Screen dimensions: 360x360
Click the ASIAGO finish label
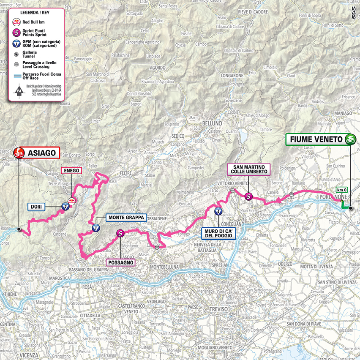[41, 153]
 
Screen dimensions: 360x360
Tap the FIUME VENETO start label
[316, 139]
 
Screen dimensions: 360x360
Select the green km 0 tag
[341, 190]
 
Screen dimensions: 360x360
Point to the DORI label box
[41, 207]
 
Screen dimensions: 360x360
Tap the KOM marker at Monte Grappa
[96, 229]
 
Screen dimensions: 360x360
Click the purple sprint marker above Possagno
[120, 233]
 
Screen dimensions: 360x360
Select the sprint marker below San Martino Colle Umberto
[249, 196]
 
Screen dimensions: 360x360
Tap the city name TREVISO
[218, 310]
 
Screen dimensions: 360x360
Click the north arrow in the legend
[18, 90]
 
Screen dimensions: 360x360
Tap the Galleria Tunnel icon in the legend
[16, 54]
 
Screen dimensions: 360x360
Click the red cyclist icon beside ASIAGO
[18, 153]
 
